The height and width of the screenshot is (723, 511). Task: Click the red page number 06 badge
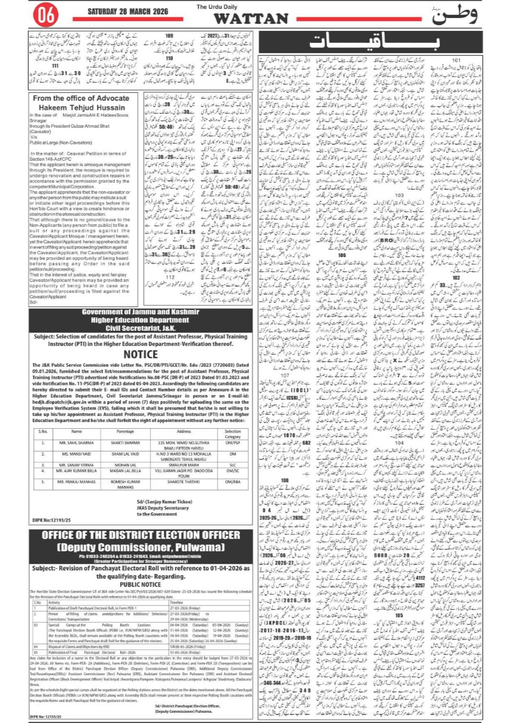tap(46, 15)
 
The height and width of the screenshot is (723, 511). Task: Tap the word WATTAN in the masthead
tap(251, 19)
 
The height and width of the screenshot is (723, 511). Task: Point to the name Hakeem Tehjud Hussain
tap(82, 107)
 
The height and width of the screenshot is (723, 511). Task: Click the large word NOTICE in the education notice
tap(140, 354)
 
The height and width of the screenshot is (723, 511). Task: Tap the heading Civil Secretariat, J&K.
tap(140, 328)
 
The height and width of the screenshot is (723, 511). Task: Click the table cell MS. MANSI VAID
tap(76, 454)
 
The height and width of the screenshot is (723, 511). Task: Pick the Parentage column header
tap(125, 431)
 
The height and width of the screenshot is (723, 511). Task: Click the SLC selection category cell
tap(232, 465)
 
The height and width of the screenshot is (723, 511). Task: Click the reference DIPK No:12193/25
tap(52, 520)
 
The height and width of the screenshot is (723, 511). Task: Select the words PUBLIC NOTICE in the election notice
tap(140, 584)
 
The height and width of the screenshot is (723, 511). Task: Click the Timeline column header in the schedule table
tap(177, 602)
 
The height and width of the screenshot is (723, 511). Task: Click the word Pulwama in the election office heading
tap(198, 547)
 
